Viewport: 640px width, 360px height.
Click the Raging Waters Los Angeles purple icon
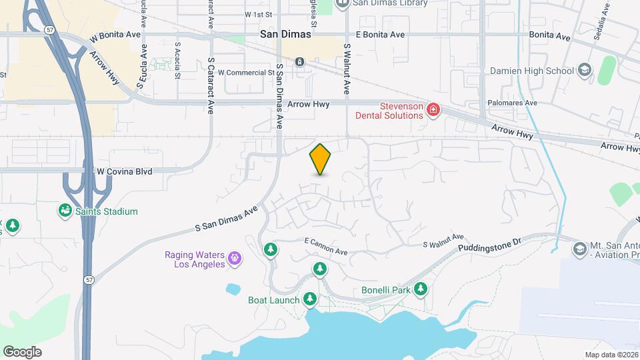234,257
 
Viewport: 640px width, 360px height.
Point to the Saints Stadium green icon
65,211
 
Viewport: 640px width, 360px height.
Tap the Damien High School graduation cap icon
584,70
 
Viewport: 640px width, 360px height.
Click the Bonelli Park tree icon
420,289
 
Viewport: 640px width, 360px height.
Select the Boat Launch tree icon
309,299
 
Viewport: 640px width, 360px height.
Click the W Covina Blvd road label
124,171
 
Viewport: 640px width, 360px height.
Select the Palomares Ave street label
513,103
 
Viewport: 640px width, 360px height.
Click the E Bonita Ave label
380,34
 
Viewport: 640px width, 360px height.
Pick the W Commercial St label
246,72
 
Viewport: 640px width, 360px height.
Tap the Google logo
22,351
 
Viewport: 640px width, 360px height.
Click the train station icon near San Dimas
299,62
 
